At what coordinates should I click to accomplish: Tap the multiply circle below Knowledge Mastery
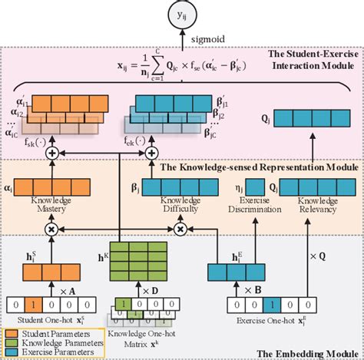click(52, 229)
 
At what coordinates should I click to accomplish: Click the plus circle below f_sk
click(52, 153)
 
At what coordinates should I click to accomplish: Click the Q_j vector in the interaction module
click(315, 117)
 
